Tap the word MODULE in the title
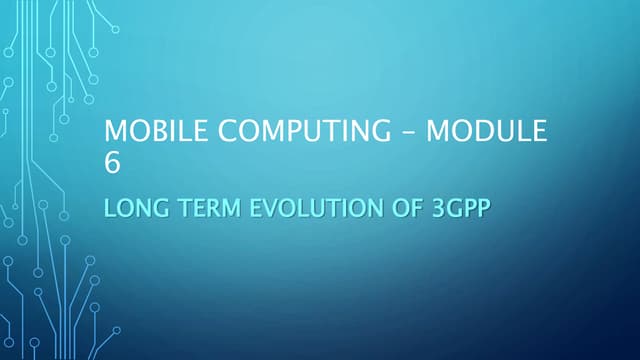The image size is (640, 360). (x=488, y=133)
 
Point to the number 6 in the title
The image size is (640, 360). (x=112, y=163)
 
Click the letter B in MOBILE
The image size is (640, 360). (x=159, y=133)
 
